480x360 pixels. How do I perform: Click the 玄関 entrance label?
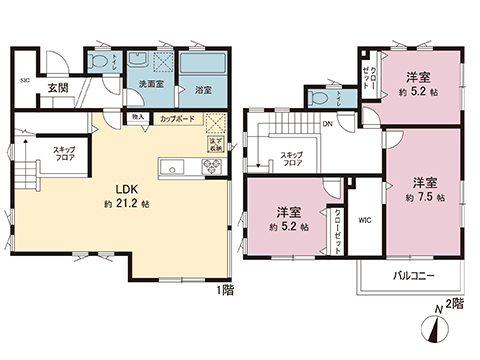(x=57, y=88)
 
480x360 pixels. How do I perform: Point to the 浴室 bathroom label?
(x=203, y=88)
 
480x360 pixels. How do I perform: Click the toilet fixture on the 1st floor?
(x=98, y=62)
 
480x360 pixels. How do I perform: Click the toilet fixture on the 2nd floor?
(x=319, y=97)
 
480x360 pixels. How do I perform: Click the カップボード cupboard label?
(x=177, y=118)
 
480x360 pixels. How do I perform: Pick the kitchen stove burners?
(x=211, y=167)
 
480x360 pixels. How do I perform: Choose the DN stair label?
(x=328, y=124)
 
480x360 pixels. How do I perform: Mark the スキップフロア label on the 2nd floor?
(x=292, y=159)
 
